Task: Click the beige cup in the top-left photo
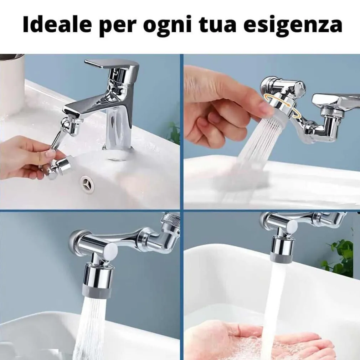pos(11,85)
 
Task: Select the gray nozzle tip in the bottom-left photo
pos(97,290)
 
